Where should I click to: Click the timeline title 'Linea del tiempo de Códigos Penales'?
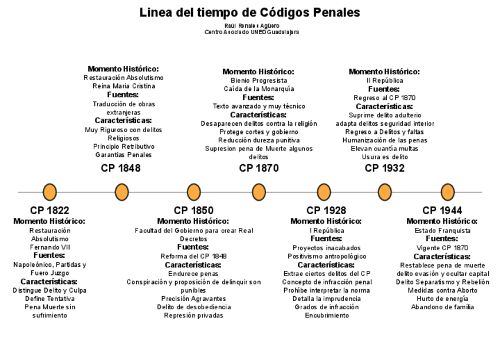[249, 12]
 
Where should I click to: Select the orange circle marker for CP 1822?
[50, 192]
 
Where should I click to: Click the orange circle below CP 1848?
[121, 192]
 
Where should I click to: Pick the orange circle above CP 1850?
[193, 192]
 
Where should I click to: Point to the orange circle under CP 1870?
[258, 192]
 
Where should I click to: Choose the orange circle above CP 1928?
[324, 192]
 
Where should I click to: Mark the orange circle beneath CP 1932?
[384, 192]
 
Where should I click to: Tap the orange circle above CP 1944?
[448, 192]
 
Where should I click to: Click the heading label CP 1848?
[121, 168]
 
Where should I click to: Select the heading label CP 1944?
[442, 211]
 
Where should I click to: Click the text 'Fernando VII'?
[50, 247]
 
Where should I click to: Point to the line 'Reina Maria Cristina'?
[124, 86]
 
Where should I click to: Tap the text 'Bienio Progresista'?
[259, 80]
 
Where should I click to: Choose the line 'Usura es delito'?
[384, 158]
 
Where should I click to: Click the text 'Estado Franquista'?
[442, 231]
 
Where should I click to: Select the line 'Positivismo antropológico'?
[327, 257]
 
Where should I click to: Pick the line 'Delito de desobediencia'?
[193, 307]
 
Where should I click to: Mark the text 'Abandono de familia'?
[442, 307]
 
